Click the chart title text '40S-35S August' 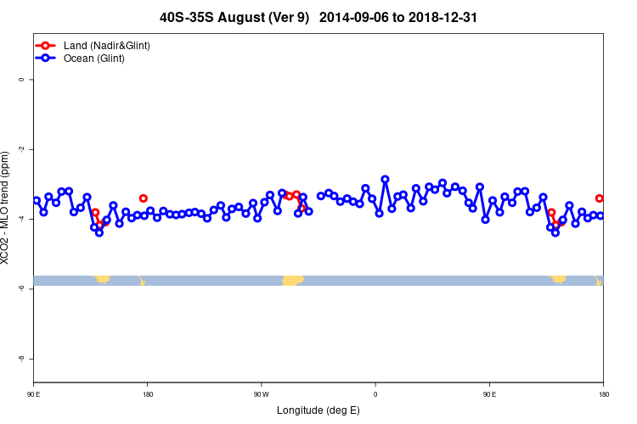(x=221, y=17)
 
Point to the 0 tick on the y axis (x=20, y=80)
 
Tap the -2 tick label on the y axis (x=20, y=149)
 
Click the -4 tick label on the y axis (x=20, y=219)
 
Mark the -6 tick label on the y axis (x=20, y=288)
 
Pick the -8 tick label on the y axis (x=20, y=359)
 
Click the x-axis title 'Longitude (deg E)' (x=318, y=410)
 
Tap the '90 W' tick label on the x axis (x=261, y=394)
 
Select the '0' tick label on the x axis (x=375, y=394)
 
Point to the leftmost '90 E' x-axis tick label (x=33, y=394)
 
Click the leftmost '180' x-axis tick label (x=147, y=394)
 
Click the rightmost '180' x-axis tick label (x=603, y=394)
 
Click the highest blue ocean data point (x=385, y=179)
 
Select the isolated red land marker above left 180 (x=144, y=198)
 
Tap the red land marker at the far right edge (x=600, y=198)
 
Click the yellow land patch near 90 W (x=292, y=280)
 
